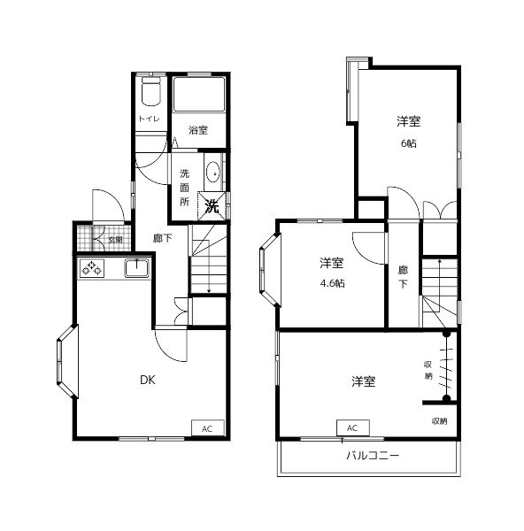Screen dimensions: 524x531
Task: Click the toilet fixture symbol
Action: tap(150, 91)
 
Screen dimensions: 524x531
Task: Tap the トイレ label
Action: tap(149, 119)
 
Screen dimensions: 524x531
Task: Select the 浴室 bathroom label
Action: tap(198, 130)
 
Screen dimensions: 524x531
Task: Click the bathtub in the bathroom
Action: tap(199, 94)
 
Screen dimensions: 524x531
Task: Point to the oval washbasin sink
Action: tap(213, 173)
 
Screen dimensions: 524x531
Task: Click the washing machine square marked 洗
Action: tap(212, 206)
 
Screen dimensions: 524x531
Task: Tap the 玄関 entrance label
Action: tap(115, 240)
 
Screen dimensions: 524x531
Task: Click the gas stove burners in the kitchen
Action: tap(92, 268)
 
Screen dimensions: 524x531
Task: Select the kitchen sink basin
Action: tap(137, 268)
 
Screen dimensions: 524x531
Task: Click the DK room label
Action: tap(148, 380)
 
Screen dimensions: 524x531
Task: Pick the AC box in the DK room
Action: tap(208, 428)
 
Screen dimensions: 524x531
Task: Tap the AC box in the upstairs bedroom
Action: tap(352, 427)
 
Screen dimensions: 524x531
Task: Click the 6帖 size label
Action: tap(409, 143)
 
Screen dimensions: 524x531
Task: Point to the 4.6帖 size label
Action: tap(332, 283)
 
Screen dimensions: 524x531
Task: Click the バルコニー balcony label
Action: tap(373, 456)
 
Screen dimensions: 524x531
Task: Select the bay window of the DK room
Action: tap(67, 361)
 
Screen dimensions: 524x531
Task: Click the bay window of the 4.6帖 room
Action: tap(270, 270)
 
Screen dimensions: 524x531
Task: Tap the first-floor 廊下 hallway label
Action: tap(163, 238)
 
